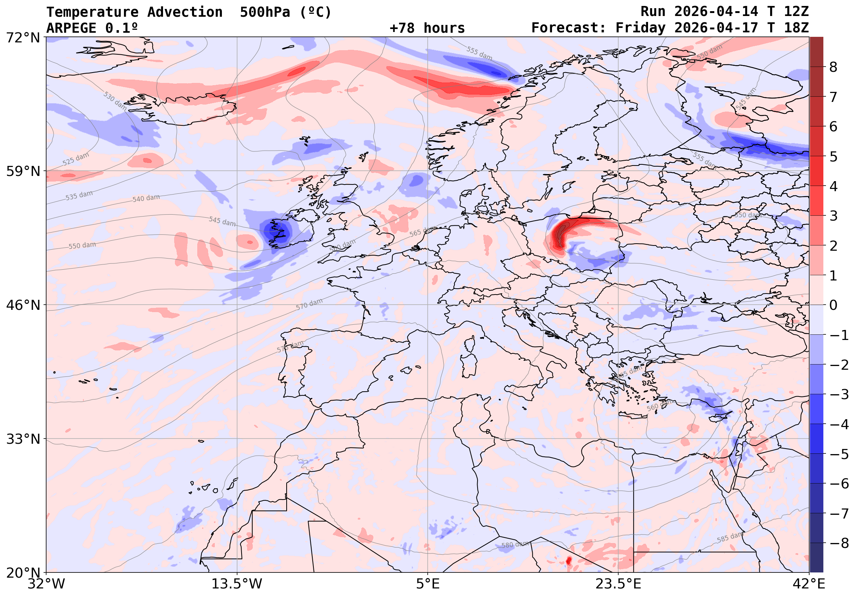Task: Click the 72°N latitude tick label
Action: point(23,38)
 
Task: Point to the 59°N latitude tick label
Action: point(23,171)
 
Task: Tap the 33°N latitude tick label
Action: point(23,439)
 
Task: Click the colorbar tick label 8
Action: point(833,67)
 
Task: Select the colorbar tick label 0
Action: point(833,305)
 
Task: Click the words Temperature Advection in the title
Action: point(134,12)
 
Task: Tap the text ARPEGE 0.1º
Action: point(92,28)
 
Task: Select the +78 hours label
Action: point(427,28)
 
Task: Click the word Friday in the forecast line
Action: point(640,28)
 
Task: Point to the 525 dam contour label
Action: point(76,159)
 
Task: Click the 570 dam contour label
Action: point(309,304)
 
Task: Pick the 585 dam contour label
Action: point(730,537)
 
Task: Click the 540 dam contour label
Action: point(146,198)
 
